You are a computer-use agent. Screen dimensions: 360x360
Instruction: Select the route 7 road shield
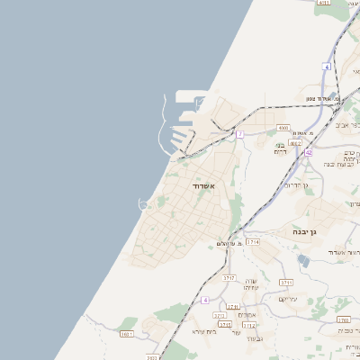tap(240, 134)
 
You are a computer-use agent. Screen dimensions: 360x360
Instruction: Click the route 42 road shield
tap(308, 153)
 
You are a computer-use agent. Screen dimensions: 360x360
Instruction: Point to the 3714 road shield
tap(253, 241)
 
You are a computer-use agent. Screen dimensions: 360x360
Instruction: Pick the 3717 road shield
tap(229, 278)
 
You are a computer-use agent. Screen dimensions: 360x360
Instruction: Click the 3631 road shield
tap(126, 334)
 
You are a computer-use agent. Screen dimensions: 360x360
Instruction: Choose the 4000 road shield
tap(283, 128)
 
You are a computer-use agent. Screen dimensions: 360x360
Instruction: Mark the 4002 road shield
tap(295, 142)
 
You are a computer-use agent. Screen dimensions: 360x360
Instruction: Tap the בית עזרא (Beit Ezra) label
tap(204, 331)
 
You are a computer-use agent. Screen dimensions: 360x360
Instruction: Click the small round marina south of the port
tap(143, 204)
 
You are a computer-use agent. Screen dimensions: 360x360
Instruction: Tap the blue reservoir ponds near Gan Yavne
tap(303, 261)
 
